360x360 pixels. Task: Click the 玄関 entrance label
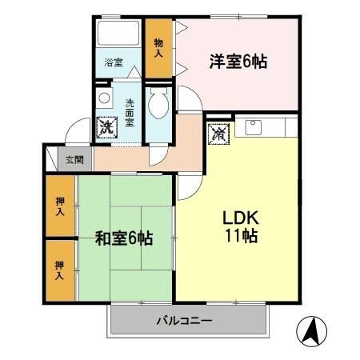coord(73,158)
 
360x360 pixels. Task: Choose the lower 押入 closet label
coord(60,270)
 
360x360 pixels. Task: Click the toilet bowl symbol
coord(158,105)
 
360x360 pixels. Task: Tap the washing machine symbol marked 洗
coord(106,126)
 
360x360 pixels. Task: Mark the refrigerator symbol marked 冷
coord(218,133)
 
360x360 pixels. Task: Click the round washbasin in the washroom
coord(103,98)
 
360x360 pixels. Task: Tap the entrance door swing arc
coord(77,130)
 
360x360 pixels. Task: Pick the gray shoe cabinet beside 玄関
coord(52,157)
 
